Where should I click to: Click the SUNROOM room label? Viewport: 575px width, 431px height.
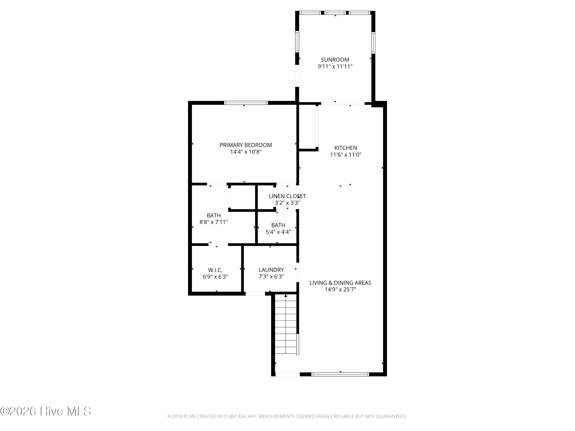pyautogui.click(x=335, y=60)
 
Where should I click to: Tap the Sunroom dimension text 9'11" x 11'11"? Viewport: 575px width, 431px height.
pyautogui.click(x=335, y=66)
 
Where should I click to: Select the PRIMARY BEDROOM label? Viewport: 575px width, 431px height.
pyautogui.click(x=246, y=145)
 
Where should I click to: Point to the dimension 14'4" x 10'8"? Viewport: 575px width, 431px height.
pyautogui.click(x=246, y=152)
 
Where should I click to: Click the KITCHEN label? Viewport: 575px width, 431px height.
pyautogui.click(x=345, y=148)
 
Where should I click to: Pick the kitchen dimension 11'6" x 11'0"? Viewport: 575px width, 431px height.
pyautogui.click(x=345, y=155)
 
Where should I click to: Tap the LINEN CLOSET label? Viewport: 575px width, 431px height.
pyautogui.click(x=287, y=196)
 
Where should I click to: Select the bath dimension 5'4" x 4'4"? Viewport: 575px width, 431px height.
pyautogui.click(x=278, y=232)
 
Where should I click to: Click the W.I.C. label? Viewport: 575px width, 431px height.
pyautogui.click(x=215, y=270)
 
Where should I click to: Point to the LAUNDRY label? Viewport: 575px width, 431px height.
pyautogui.click(x=271, y=270)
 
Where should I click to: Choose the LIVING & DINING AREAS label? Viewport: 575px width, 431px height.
pyautogui.click(x=340, y=283)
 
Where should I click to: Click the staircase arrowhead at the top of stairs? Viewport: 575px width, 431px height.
pyautogui.click(x=286, y=296)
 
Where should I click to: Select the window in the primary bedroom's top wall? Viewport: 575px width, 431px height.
pyautogui.click(x=246, y=103)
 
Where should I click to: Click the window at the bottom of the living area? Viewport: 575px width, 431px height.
pyautogui.click(x=340, y=374)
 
